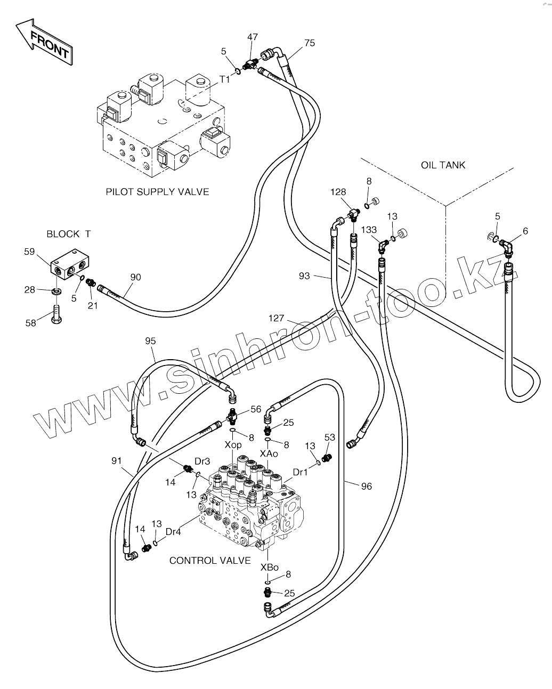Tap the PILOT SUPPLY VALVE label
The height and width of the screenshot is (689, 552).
tap(157, 192)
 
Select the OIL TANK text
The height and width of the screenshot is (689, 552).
tap(443, 165)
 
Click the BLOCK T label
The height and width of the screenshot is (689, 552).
tap(69, 234)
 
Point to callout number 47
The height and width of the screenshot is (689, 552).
tap(253, 37)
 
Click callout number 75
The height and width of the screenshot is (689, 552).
tap(310, 43)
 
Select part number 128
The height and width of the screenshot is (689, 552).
tap(338, 192)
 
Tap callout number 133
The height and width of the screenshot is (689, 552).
tap(369, 230)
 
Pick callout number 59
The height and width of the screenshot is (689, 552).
tap(29, 252)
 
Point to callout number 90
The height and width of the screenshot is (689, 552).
tap(136, 277)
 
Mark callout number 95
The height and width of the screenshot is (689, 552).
tap(151, 341)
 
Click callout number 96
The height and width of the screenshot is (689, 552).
tap(366, 486)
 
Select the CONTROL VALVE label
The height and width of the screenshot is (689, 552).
tap(210, 560)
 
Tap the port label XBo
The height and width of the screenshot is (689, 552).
tap(270, 568)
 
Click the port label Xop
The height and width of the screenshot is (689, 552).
tap(233, 445)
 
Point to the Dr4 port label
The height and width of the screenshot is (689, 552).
tap(173, 531)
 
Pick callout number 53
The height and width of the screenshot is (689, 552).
tap(330, 437)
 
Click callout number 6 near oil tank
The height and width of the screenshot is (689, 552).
tap(525, 231)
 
